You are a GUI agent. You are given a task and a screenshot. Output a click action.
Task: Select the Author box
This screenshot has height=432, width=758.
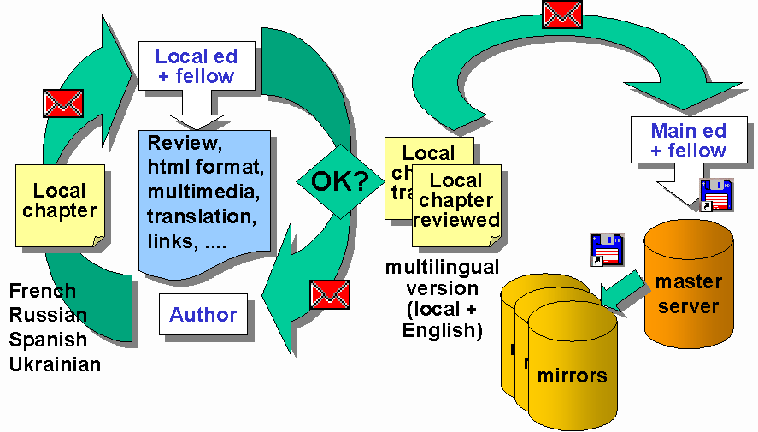(203, 315)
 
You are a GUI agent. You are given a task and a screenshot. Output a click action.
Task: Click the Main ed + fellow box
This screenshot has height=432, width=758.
(688, 140)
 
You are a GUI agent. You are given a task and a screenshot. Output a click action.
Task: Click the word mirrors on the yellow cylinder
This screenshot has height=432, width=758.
(572, 375)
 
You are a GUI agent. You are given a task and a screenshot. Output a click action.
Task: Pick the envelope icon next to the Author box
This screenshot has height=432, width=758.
(330, 294)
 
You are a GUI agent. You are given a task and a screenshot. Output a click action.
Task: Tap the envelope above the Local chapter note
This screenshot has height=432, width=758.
(63, 104)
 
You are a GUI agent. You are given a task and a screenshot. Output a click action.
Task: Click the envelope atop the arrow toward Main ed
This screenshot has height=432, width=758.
(562, 14)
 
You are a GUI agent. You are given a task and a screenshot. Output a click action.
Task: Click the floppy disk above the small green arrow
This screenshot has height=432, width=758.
(607, 249)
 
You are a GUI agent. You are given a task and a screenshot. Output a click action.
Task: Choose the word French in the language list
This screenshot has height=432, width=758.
(43, 292)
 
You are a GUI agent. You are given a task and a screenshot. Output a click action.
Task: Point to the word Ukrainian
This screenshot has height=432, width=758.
(56, 364)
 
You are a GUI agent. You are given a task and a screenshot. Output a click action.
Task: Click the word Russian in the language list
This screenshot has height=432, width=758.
(48, 316)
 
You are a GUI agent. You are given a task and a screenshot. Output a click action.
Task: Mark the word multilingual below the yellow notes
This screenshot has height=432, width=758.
(442, 267)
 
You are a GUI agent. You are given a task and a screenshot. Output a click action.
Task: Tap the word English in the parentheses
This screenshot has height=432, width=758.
(442, 329)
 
